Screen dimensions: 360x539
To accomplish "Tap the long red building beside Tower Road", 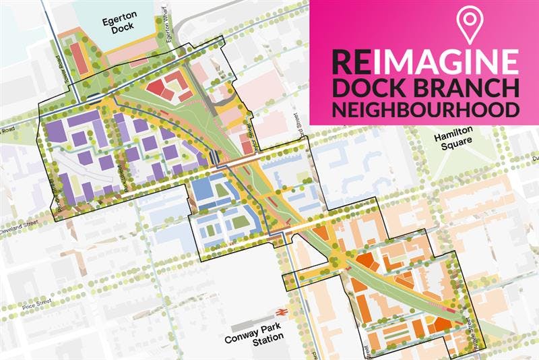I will (79, 60).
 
